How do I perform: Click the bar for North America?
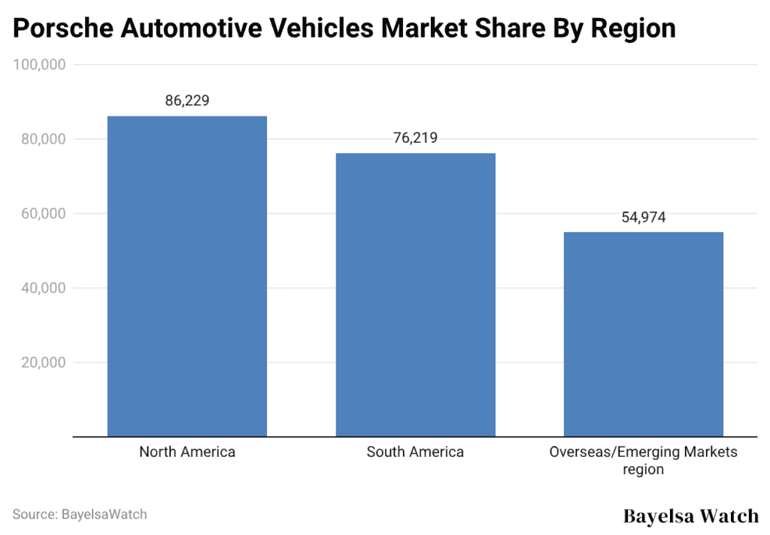(187, 276)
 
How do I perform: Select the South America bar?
(415, 295)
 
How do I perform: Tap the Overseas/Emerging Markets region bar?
(643, 334)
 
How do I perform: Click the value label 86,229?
(187, 101)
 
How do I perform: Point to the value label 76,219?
(415, 138)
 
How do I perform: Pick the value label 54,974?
(643, 217)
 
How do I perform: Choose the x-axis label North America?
(187, 452)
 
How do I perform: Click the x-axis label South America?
(415, 452)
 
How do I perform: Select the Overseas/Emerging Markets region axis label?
(643, 460)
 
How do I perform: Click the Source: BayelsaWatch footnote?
(80, 515)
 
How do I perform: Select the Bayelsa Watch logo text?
(691, 516)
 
